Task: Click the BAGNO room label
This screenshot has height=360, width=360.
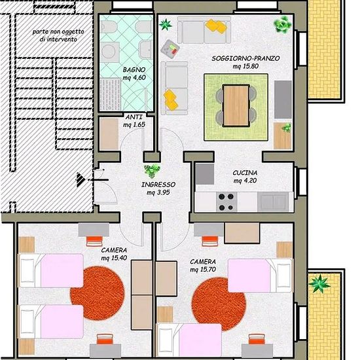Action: [x=134, y=69]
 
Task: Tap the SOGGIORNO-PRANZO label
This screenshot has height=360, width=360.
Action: [x=245, y=58]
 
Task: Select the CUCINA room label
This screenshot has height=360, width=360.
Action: [x=245, y=173]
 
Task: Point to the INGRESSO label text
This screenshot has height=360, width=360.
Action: [x=158, y=185]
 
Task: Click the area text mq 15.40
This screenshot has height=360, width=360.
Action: [x=114, y=258]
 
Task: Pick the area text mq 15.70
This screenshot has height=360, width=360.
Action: [x=203, y=270]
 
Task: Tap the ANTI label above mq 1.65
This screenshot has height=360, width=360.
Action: [x=134, y=117]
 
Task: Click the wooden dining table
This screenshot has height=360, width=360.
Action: [x=236, y=105]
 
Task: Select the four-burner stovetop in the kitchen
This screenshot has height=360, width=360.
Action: [x=226, y=202]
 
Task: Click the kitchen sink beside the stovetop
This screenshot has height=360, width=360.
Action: [x=273, y=202]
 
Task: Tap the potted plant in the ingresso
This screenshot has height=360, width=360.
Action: [x=152, y=171]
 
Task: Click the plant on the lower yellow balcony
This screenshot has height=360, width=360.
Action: [x=319, y=284]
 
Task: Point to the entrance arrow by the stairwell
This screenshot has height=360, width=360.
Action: [x=81, y=179]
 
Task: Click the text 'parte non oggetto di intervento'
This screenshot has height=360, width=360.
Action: [x=58, y=35]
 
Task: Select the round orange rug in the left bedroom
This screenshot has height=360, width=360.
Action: [x=98, y=293]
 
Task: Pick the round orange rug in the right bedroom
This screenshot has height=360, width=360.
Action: [x=219, y=304]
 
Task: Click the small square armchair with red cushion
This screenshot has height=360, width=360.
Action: [x=170, y=49]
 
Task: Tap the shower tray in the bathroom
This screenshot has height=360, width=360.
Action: [x=111, y=94]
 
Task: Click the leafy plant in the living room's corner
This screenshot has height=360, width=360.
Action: [x=282, y=24]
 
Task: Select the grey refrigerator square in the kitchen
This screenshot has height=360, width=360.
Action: [x=205, y=174]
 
